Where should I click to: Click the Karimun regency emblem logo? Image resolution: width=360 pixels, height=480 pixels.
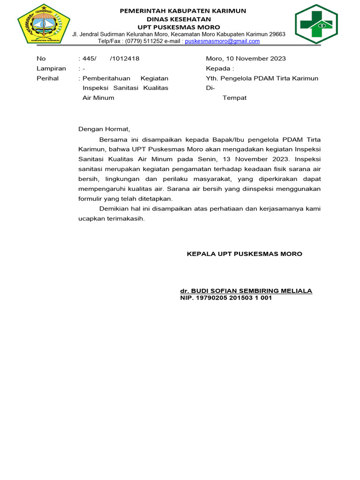tap(44, 24)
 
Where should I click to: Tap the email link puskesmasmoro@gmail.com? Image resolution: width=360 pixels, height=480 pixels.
tap(222, 41)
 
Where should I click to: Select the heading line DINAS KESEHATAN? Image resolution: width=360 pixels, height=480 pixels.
tap(183, 19)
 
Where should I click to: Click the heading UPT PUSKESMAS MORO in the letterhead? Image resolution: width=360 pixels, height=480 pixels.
tap(183, 27)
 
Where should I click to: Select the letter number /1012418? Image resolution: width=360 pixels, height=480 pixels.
tap(124, 59)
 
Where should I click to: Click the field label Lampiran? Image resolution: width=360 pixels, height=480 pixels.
tap(51, 68)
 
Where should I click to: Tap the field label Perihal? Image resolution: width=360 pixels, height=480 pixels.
tap(47, 78)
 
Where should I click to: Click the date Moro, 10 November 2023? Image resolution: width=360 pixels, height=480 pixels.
tap(246, 59)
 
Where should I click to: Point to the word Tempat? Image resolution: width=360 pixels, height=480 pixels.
tap(234, 98)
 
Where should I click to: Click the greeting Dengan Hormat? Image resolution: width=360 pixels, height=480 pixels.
tap(103, 129)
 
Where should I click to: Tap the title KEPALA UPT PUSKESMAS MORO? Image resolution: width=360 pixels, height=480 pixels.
tap(244, 254)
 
